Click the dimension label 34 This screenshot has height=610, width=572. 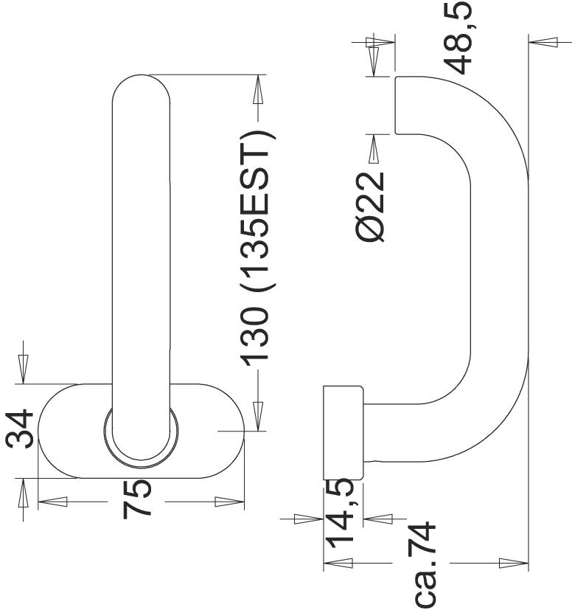pos(21,429)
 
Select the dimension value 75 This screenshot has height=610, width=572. pos(139,499)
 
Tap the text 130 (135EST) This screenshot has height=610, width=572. pos(257,249)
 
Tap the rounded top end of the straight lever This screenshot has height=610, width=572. pos(142,89)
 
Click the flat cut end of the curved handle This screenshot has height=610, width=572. pos(397,104)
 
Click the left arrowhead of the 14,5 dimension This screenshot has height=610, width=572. pos(304,519)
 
